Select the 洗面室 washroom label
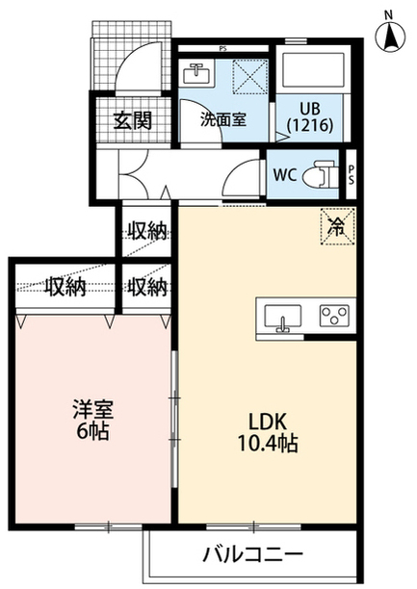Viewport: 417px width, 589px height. (223, 119)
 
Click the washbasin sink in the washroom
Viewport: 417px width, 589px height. (195, 73)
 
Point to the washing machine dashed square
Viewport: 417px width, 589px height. (250, 76)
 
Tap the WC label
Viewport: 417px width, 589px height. (285, 174)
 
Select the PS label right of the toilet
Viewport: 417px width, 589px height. (351, 175)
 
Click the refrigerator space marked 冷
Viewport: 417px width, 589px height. (337, 226)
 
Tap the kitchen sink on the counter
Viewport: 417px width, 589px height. (283, 317)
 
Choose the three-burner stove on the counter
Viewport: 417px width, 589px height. (334, 315)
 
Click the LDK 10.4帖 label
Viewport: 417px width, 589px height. (268, 432)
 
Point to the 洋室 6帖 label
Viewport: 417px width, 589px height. (92, 421)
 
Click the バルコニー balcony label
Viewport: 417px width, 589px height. (252, 554)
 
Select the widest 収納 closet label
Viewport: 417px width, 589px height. (65, 288)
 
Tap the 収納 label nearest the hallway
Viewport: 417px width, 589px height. (146, 231)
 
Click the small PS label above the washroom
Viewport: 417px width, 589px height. (223, 48)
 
